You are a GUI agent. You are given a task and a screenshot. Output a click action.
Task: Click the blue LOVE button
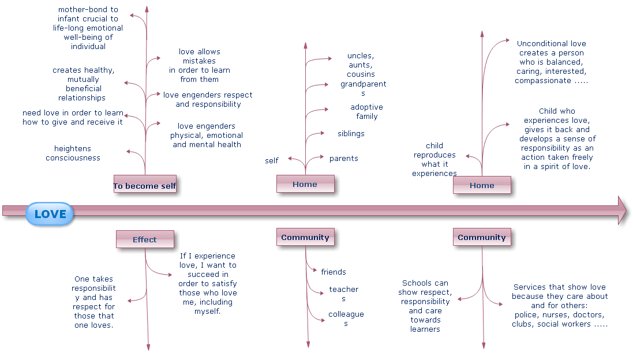[50, 214]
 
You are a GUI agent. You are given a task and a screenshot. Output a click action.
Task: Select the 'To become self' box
[145, 183]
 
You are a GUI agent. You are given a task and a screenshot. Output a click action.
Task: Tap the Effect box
[145, 239]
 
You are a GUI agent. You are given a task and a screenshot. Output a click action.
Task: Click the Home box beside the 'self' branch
[305, 183]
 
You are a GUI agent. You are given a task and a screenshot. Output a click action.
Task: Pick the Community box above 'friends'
[305, 237]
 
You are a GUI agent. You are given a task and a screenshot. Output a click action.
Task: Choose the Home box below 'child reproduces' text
[482, 185]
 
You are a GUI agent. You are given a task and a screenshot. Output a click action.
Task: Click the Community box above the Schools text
[482, 237]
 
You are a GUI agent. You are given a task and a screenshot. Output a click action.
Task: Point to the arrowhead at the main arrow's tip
[621, 210]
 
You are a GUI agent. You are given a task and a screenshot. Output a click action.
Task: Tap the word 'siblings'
[351, 134]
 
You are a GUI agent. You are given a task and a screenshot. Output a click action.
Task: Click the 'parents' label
[343, 159]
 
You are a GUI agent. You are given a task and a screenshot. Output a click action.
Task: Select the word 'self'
[272, 161]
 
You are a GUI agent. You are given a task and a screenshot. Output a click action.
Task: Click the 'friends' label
[334, 272]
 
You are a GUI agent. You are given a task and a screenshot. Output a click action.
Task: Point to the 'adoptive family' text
[366, 112]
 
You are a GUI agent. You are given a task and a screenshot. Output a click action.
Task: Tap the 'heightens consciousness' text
[73, 153]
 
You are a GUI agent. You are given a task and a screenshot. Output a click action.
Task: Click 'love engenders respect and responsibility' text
[208, 100]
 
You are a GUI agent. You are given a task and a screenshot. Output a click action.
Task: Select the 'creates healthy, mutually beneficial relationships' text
[83, 84]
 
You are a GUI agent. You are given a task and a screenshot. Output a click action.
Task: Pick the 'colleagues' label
[346, 318]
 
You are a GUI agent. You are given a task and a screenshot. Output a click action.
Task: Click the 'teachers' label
[344, 294]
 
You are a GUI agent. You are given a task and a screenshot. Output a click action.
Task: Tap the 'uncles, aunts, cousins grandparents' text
[362, 74]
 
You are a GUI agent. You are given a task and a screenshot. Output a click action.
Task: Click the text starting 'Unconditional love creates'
[551, 62]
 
